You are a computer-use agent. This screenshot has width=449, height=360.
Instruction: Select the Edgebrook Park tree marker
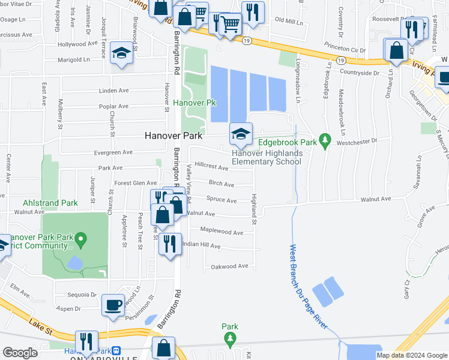pyautogui.click(x=325, y=141)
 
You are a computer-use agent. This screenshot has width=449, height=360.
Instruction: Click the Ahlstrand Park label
pyautogui.click(x=50, y=203)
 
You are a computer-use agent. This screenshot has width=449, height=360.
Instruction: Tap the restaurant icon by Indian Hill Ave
pyautogui.click(x=170, y=244)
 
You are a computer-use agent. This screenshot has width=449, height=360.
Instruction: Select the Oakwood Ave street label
pyautogui.click(x=229, y=266)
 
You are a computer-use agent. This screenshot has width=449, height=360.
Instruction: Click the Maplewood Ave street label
pyautogui.click(x=221, y=232)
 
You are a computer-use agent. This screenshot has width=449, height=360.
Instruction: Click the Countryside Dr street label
pyautogui.click(x=360, y=73)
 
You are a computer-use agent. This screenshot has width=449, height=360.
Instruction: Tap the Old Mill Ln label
pyautogui.click(x=289, y=21)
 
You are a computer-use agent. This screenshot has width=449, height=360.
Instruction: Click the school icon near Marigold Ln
pyautogui.click(x=121, y=54)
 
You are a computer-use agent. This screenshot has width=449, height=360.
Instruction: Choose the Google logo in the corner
pyautogui.click(x=20, y=352)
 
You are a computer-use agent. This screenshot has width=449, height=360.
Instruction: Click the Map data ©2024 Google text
pyautogui.click(x=411, y=355)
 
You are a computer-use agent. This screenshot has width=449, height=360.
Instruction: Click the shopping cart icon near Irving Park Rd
pyautogui.click(x=231, y=24)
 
